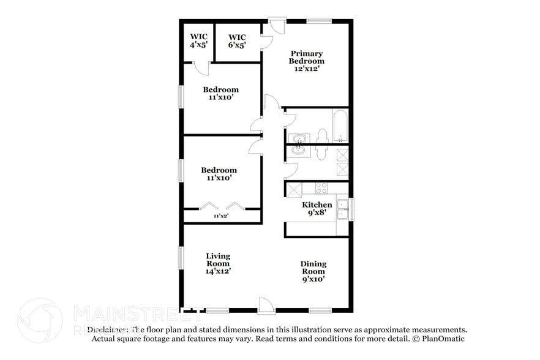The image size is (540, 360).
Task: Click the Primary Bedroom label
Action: point(307,61)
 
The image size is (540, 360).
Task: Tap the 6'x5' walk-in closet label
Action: point(237,41)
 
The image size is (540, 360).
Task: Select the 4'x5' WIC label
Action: point(198,41)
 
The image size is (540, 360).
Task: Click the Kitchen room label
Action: point(317,209)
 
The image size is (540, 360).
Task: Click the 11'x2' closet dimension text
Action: point(221,216)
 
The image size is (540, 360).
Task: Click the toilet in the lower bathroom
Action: point(322,152)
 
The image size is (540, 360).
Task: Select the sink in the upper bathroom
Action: point(299,138)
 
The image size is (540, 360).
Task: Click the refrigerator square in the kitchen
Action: point(293,189)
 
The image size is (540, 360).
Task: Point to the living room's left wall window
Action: point(181,257)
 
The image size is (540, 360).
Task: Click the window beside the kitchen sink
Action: point(351,209)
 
